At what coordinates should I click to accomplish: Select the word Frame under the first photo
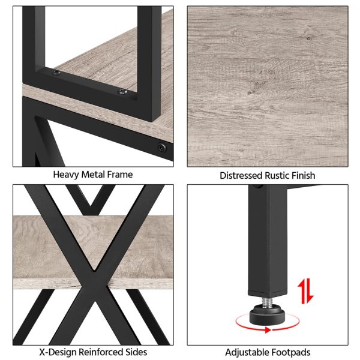[120, 175]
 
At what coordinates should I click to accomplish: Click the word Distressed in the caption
[241, 176]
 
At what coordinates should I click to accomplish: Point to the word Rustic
[277, 176]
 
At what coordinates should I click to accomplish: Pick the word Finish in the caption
[303, 176]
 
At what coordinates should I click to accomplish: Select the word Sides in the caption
[136, 352]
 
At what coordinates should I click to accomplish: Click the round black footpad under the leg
[267, 314]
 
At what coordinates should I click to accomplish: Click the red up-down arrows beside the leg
[305, 291]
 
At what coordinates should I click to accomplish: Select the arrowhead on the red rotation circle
[268, 330]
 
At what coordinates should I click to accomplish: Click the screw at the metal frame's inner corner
[56, 73]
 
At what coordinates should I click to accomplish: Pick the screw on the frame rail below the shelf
[161, 147]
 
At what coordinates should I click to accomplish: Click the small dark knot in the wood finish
[309, 38]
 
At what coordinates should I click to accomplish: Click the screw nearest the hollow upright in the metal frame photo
[122, 92]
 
